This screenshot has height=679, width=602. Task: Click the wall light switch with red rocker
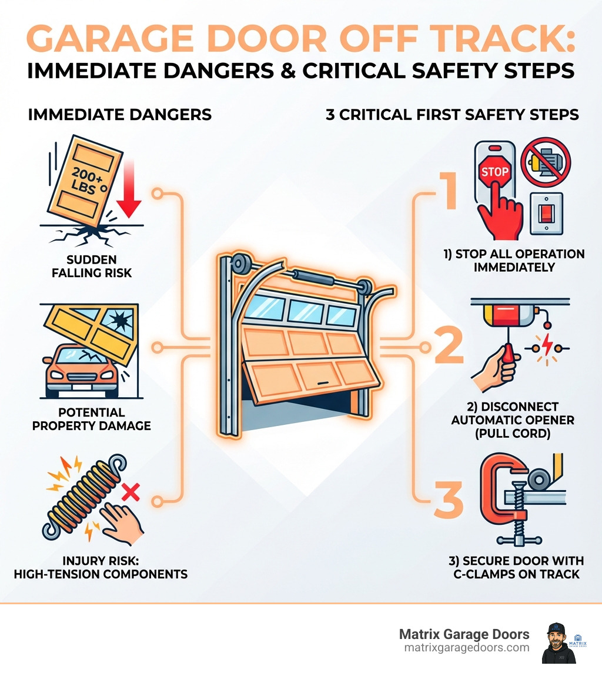coord(546,214)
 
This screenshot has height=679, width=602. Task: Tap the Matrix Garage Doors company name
coord(464,634)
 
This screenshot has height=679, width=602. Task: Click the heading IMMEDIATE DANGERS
coord(119,114)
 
